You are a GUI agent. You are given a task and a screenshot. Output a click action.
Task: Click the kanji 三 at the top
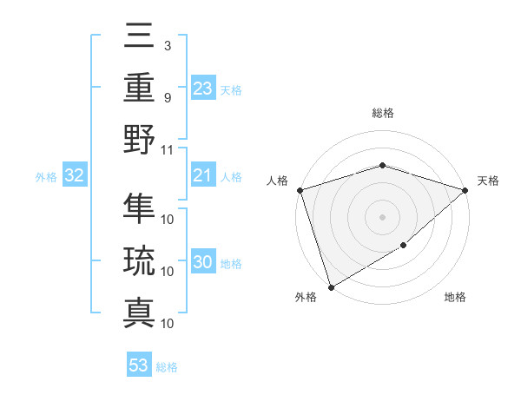pos(139,37)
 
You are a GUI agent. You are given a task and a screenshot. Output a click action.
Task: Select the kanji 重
pos(139,88)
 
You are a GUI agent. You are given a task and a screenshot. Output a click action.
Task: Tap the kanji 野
pos(139,139)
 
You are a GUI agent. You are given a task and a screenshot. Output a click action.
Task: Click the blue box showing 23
pos(202,88)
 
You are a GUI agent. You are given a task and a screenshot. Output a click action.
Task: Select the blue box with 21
pos(202,176)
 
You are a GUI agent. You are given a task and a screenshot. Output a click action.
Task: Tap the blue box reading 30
pos(202,263)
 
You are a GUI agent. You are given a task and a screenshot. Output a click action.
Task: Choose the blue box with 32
pos(75,176)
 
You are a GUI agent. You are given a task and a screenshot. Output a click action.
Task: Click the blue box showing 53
pos(139,365)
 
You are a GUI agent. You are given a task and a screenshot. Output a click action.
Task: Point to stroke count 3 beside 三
pos(167,45)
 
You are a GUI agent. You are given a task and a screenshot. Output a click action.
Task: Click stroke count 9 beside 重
pos(167,97)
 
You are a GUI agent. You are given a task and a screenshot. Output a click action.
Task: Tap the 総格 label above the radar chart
pos(382,113)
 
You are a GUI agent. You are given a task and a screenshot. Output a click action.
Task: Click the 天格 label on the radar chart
pos(488,181)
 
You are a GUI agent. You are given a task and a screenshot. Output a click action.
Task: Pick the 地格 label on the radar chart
pos(455,298)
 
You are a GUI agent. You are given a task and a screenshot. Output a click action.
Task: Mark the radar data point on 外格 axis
pos(331,286)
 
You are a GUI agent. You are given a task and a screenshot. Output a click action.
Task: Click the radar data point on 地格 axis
pos(404,247)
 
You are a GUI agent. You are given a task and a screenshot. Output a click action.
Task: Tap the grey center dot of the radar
pos(382,216)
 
